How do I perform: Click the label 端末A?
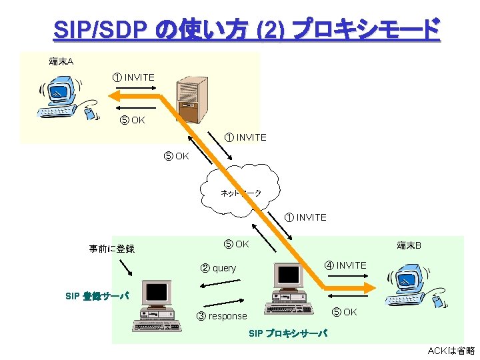61,62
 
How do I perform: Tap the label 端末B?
409,245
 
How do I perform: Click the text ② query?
219,268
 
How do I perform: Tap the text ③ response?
222,316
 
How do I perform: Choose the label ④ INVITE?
345,265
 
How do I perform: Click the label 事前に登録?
112,249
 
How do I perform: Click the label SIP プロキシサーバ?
287,333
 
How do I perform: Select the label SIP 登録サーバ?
97,296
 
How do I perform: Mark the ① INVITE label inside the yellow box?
133,77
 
